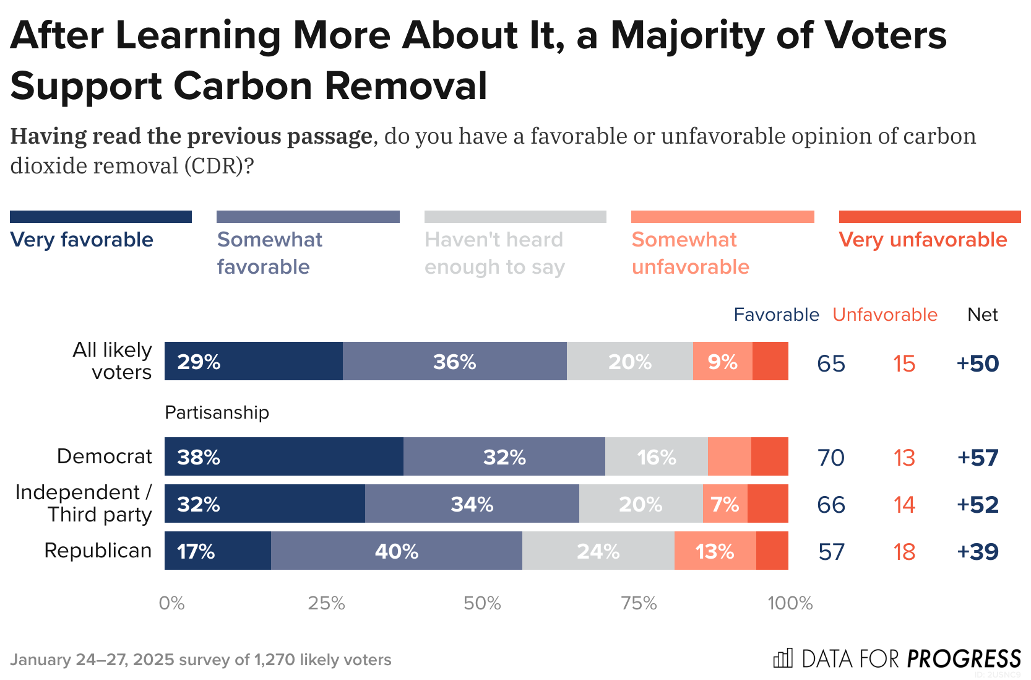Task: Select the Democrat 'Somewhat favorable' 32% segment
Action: [x=504, y=456]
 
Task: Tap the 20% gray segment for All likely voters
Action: [x=629, y=361]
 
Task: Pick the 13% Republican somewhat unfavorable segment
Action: [x=715, y=551]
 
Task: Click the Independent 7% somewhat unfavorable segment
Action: [x=725, y=503]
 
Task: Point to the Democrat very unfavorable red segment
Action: [x=769, y=456]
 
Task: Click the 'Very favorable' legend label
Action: [x=82, y=240]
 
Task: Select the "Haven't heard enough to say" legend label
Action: [x=494, y=253]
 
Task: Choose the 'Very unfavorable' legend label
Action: [x=923, y=240]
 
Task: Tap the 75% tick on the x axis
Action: [x=639, y=603]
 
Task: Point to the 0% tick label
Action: [x=171, y=603]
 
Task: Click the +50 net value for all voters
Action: [x=977, y=364]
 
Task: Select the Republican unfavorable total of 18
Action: [x=904, y=552]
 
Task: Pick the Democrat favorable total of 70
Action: [x=830, y=458]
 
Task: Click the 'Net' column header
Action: [x=982, y=315]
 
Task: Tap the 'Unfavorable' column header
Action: [x=884, y=315]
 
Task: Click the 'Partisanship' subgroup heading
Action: [x=217, y=412]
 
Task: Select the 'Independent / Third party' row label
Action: [x=84, y=503]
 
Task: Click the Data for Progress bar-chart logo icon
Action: [x=782, y=658]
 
